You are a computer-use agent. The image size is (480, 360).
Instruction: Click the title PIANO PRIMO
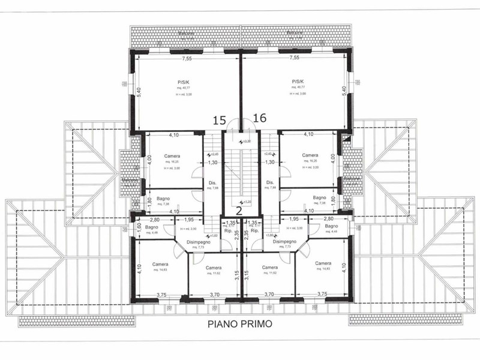click(240, 324)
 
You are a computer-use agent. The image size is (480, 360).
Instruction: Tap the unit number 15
click(219, 120)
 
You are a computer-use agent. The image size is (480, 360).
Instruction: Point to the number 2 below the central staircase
click(238, 209)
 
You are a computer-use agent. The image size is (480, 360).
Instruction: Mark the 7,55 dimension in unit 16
click(294, 58)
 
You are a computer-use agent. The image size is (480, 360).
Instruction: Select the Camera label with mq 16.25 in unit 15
click(173, 155)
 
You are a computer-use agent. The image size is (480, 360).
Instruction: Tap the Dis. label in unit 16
click(270, 182)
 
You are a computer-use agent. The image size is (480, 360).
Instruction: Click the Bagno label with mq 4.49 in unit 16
click(332, 226)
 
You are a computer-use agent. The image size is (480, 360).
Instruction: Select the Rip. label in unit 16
click(254, 230)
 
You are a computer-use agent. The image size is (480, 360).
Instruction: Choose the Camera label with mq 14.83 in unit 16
click(323, 263)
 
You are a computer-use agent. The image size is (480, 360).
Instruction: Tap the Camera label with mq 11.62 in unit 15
click(213, 268)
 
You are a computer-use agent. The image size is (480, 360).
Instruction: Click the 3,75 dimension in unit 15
click(161, 294)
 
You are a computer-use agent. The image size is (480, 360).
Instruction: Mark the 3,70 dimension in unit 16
click(269, 294)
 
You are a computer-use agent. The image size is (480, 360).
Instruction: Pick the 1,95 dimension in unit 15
click(188, 220)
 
